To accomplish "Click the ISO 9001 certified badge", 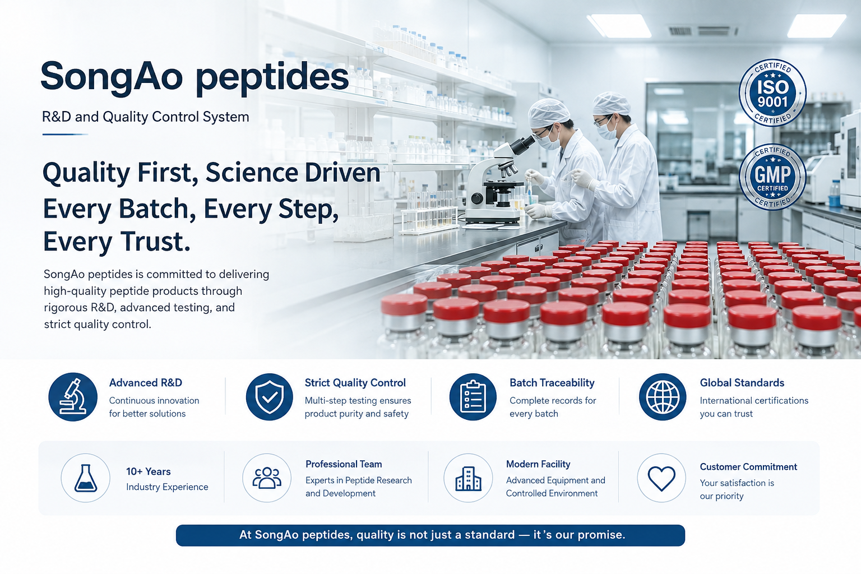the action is click(x=772, y=93).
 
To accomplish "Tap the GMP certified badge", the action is click(x=772, y=177).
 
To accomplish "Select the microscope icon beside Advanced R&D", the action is click(x=73, y=397).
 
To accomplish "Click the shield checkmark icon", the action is click(x=270, y=397).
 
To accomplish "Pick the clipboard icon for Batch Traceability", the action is click(x=473, y=397).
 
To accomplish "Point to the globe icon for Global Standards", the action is click(x=662, y=397).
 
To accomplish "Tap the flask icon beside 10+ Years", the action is click(x=85, y=478).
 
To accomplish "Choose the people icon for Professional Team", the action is click(x=267, y=478).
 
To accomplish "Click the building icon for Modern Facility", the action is click(x=468, y=478).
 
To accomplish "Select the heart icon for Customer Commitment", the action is click(x=661, y=478).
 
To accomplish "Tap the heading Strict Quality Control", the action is click(x=355, y=383).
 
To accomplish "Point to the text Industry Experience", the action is click(x=167, y=487).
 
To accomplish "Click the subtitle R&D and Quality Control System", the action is click(x=145, y=117).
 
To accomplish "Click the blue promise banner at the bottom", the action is click(x=430, y=535).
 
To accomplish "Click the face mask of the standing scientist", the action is click(x=607, y=131).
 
